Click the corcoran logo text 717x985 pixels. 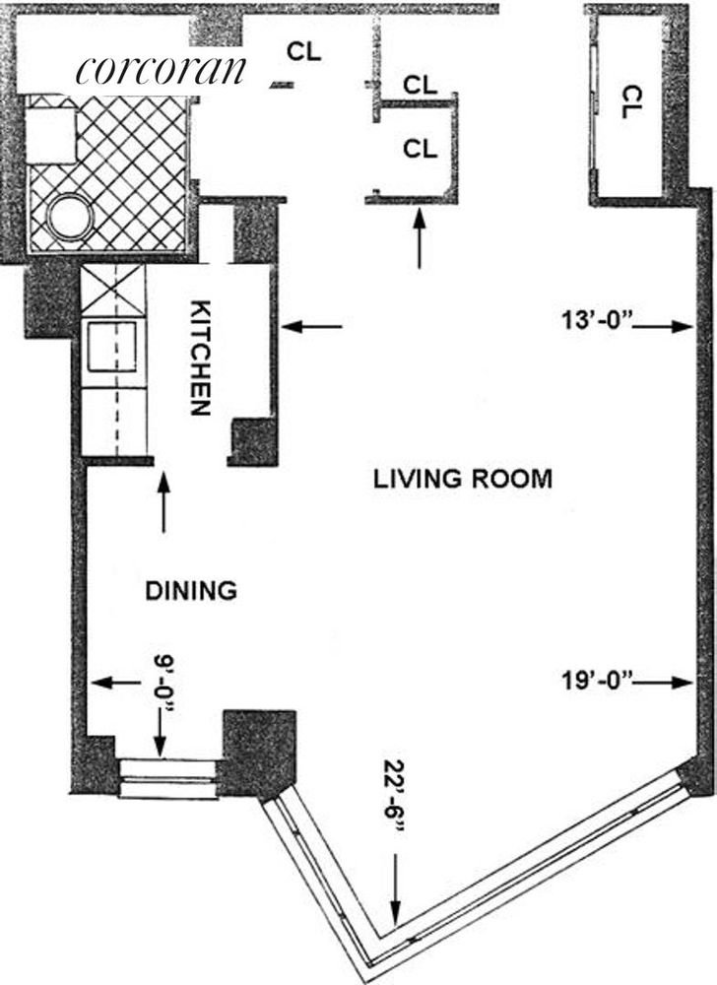[160, 70]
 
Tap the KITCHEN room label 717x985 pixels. [200, 358]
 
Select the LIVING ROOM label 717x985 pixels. [463, 480]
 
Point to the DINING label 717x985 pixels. [191, 591]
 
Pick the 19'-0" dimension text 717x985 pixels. [599, 681]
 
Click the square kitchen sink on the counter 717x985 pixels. [111, 346]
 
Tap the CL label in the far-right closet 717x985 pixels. [631, 102]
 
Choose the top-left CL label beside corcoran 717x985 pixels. [304, 51]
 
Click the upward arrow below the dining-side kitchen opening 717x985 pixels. [163, 502]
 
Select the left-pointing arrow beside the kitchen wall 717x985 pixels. [311, 326]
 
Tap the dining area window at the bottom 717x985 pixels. [168, 778]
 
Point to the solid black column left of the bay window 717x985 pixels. [260, 753]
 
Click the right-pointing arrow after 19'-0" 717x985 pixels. [667, 682]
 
